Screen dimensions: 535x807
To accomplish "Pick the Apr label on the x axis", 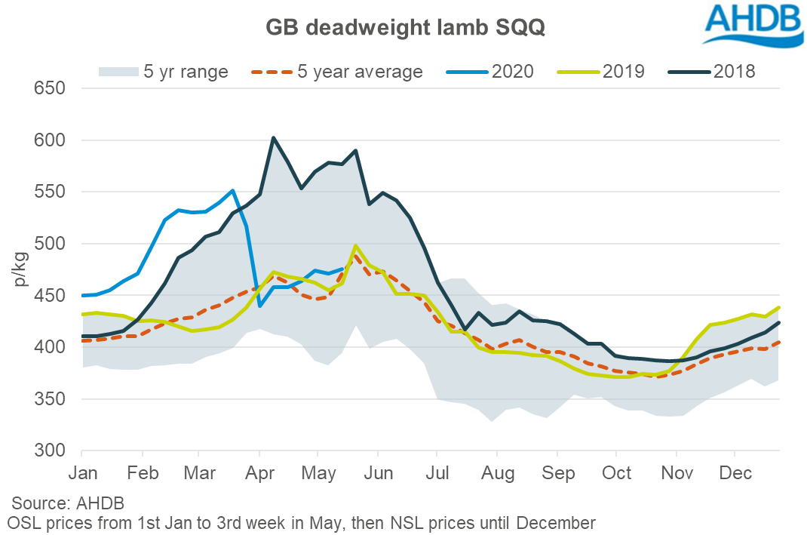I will [x=259, y=474].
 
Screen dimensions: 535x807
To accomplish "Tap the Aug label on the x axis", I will [x=498, y=474].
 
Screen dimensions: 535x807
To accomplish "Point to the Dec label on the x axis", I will [x=735, y=474].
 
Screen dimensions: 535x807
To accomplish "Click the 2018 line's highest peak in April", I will [x=273, y=137].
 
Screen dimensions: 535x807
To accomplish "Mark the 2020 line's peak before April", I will [x=233, y=190].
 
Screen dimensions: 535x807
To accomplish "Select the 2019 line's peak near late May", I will [x=355, y=246].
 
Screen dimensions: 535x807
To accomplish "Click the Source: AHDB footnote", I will [x=68, y=503].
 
